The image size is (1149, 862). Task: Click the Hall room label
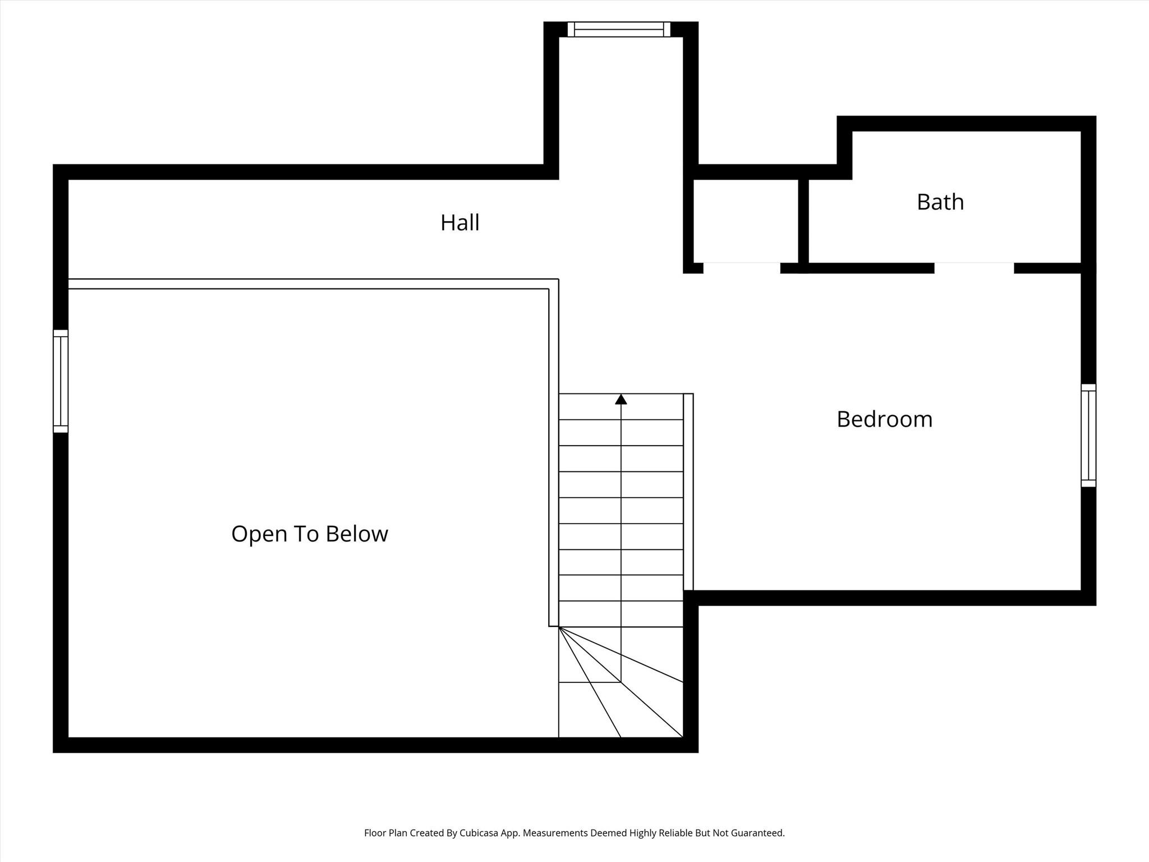click(x=459, y=223)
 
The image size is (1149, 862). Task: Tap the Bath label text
click(x=940, y=202)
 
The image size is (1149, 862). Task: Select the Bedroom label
click(x=884, y=419)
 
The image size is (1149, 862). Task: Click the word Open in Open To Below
click(x=255, y=534)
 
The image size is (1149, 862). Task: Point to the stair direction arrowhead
click(x=621, y=399)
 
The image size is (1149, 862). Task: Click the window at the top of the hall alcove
click(x=619, y=29)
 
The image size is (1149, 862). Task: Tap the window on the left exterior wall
click(x=61, y=381)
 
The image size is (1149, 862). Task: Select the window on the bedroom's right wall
click(x=1088, y=435)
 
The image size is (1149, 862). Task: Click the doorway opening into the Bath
click(x=974, y=268)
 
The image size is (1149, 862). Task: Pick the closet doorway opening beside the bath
click(x=742, y=268)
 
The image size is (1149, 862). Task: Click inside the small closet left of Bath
click(x=746, y=221)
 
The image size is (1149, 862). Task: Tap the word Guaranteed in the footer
click(x=755, y=833)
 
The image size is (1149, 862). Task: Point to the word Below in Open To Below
click(x=357, y=534)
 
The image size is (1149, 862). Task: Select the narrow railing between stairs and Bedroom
click(x=688, y=492)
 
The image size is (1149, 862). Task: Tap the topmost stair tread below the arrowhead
click(x=621, y=406)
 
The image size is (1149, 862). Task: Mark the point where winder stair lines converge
click(x=559, y=627)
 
